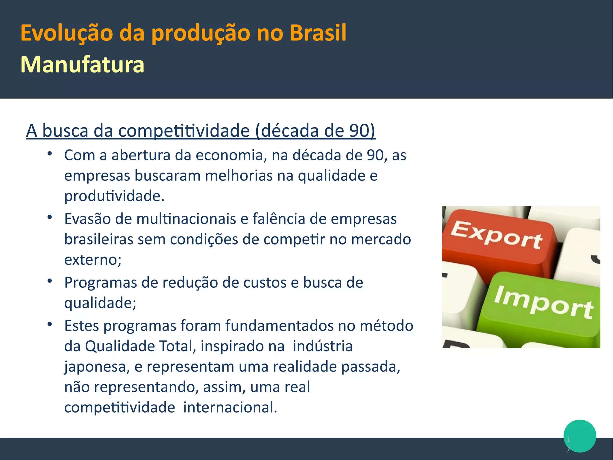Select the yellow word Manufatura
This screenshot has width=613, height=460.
[82, 65]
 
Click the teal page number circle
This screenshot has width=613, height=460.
[580, 436]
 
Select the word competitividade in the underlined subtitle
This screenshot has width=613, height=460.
[184, 131]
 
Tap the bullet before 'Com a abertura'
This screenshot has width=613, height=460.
[50, 154]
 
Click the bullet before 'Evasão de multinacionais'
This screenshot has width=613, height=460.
[50, 217]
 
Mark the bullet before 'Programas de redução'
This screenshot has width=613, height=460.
[50, 281]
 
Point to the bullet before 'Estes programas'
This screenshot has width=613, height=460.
[50, 324]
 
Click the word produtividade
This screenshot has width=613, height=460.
[114, 196]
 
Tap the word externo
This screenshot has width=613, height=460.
[92, 260]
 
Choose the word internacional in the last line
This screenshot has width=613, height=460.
[230, 408]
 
